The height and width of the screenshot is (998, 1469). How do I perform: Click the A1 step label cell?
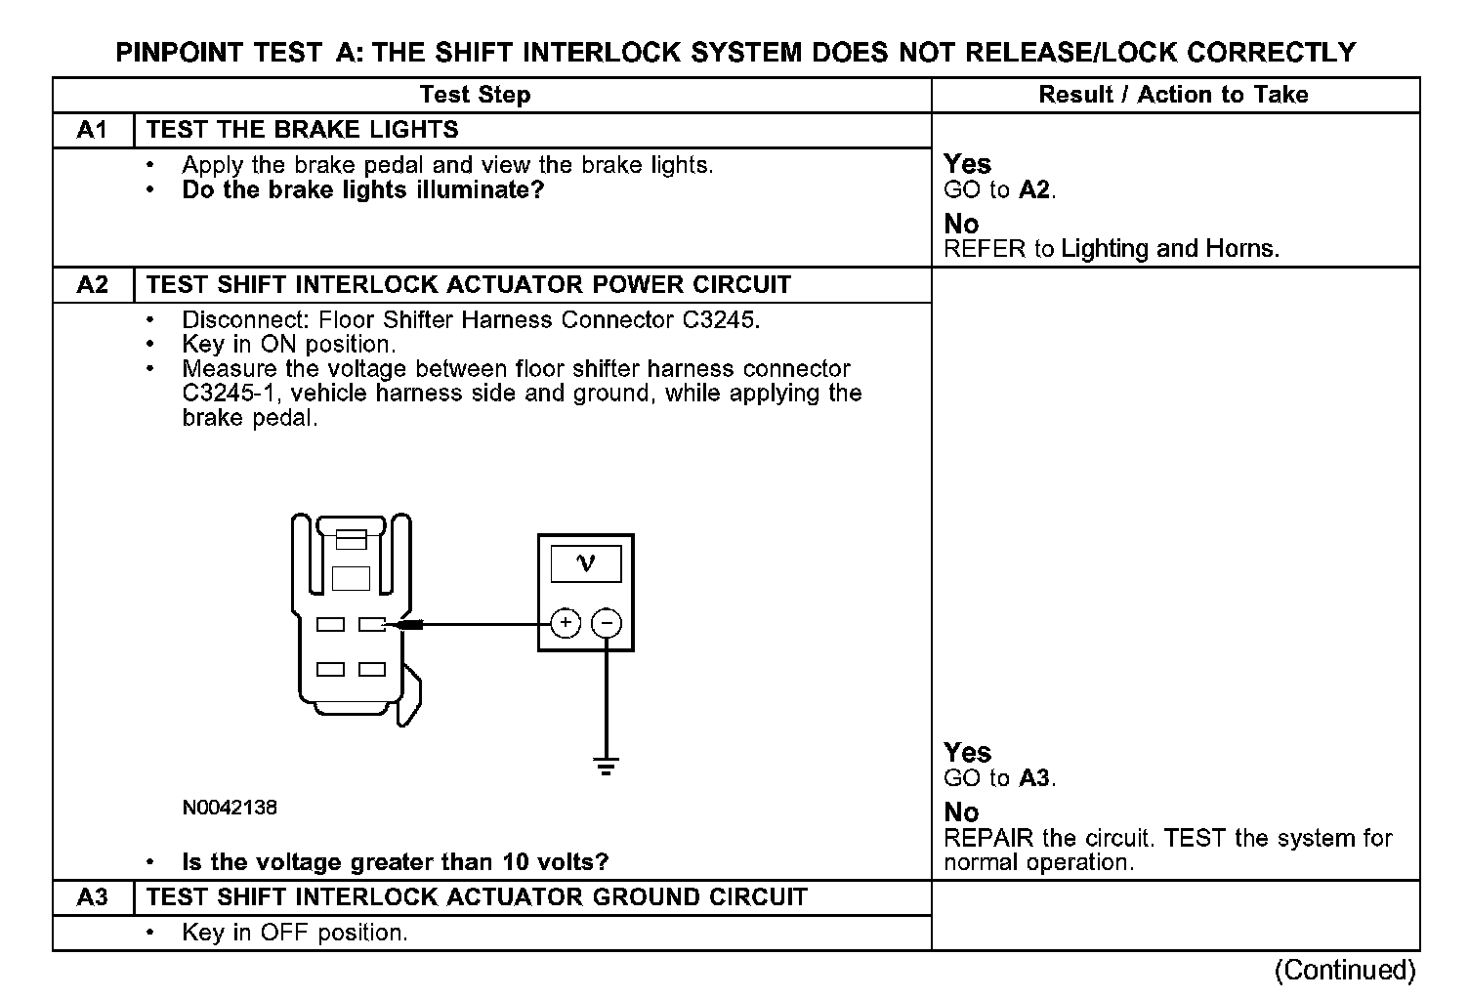[92, 130]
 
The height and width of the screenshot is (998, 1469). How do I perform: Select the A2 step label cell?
[92, 285]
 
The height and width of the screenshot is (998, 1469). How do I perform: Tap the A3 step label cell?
[92, 897]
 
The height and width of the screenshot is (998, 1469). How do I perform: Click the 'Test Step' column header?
[475, 95]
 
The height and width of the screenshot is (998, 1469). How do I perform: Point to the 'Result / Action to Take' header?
[1173, 95]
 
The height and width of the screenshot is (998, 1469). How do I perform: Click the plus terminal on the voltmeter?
[566, 623]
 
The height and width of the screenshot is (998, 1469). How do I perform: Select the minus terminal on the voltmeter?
[608, 623]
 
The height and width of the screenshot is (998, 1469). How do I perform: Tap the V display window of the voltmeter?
[586, 563]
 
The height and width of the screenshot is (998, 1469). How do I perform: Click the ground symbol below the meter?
[607, 765]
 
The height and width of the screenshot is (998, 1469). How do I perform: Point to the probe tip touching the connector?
[402, 624]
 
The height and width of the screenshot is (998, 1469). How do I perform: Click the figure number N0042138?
[230, 808]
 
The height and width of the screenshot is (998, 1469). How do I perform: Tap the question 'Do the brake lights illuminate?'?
[362, 189]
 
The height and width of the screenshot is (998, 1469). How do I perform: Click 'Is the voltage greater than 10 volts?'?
[395, 862]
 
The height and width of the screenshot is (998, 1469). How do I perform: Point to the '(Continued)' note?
[1344, 970]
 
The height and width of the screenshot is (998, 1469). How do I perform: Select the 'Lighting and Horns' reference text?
[1169, 249]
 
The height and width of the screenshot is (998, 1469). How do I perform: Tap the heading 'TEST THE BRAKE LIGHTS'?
[302, 130]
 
